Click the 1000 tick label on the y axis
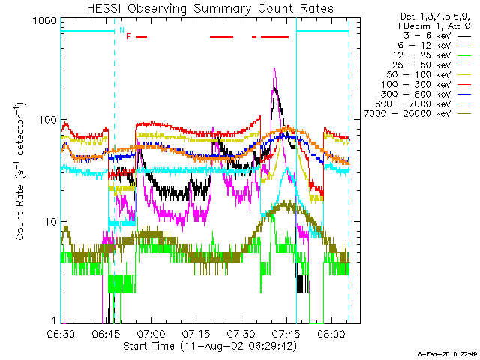coord(43,22)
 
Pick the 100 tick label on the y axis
coord(46,121)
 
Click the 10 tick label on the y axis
coord(49,223)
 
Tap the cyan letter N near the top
coord(121,30)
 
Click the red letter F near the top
coord(128,36)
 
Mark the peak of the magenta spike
coord(274,68)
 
